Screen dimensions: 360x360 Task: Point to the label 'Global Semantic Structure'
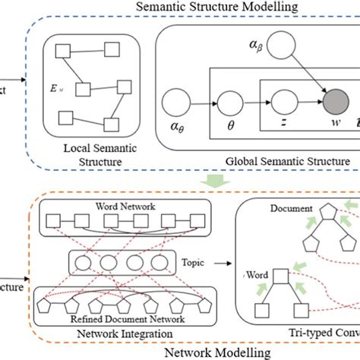tap(288, 161)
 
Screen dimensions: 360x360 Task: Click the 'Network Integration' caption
tap(124, 333)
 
